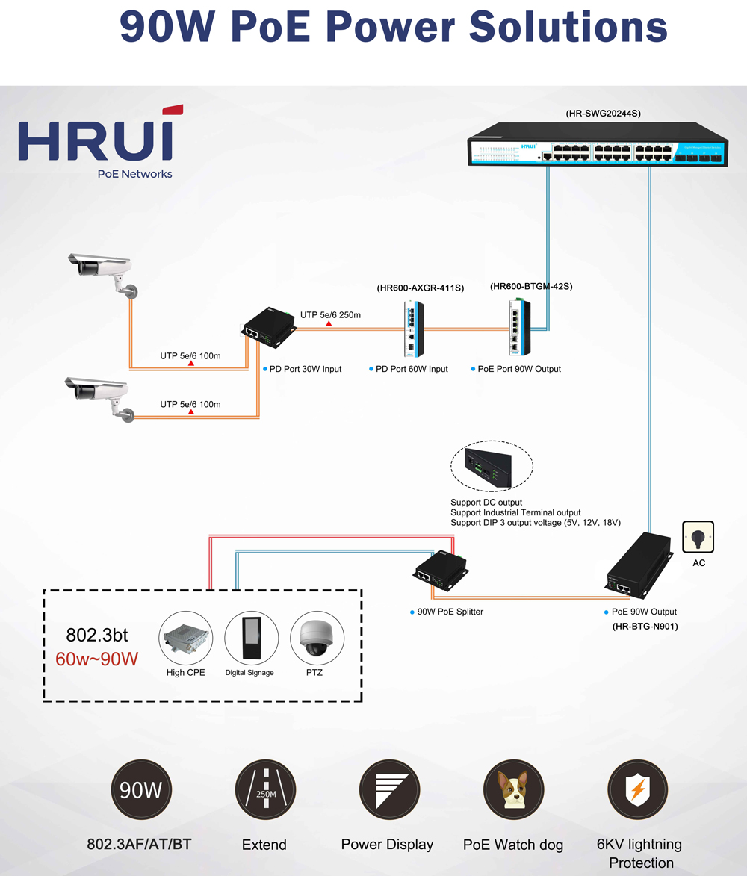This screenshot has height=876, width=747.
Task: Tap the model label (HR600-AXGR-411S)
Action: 420,288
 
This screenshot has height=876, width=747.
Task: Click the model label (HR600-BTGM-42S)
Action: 531,286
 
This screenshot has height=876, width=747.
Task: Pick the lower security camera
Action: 101,396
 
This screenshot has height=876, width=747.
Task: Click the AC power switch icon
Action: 698,536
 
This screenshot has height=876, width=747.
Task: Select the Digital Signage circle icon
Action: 251,639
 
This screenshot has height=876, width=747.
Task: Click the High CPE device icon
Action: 186,639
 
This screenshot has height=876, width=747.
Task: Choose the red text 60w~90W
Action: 97,660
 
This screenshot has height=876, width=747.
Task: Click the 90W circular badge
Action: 141,789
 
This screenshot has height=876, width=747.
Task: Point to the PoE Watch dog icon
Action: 512,789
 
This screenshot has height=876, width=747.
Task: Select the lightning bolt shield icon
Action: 637,789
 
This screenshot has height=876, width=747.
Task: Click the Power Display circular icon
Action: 389,790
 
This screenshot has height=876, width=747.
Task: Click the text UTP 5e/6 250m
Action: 330,315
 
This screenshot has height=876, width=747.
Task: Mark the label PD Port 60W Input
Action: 412,369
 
